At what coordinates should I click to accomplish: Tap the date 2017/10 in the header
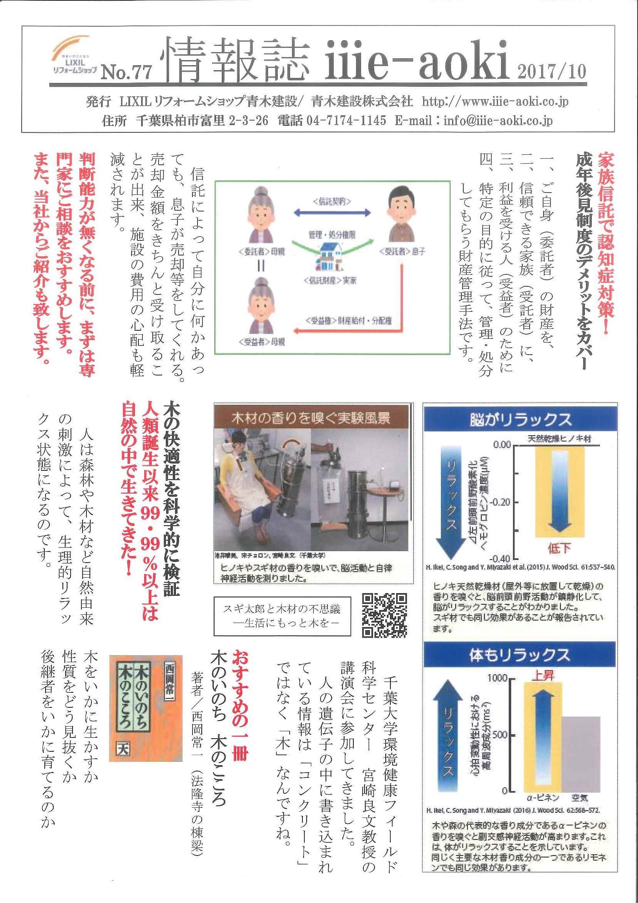pos(552,71)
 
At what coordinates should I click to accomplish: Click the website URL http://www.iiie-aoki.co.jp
pos(495,102)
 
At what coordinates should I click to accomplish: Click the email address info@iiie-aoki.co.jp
pos(498,120)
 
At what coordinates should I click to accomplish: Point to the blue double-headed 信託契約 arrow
pos(332,213)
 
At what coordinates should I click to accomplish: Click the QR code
pos(384,614)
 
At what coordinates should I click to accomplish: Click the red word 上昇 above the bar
pos(543,675)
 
